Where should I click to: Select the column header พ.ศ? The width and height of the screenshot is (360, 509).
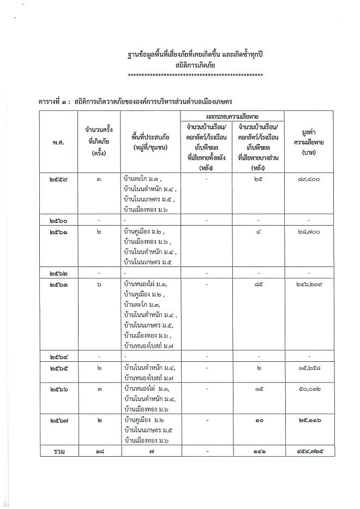click(58, 140)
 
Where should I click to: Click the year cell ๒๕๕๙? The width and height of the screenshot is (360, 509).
click(58, 178)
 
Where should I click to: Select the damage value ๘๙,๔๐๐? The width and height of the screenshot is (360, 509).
click(309, 178)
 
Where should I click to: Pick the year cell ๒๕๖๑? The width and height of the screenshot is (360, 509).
click(58, 232)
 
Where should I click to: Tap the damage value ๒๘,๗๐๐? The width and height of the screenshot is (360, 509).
click(309, 232)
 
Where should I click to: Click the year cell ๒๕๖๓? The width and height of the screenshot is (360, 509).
click(58, 285)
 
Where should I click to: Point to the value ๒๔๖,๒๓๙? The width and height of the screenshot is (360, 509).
click(309, 285)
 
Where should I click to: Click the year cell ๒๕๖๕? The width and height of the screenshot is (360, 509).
click(58, 368)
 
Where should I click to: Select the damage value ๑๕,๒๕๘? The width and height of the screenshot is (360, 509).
click(309, 368)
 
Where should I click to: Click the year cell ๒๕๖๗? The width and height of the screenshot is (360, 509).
click(58, 422)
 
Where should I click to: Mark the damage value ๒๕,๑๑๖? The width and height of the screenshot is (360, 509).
click(309, 422)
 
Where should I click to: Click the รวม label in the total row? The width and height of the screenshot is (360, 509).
click(58, 452)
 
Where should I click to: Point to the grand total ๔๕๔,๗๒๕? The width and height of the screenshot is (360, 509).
click(309, 452)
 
